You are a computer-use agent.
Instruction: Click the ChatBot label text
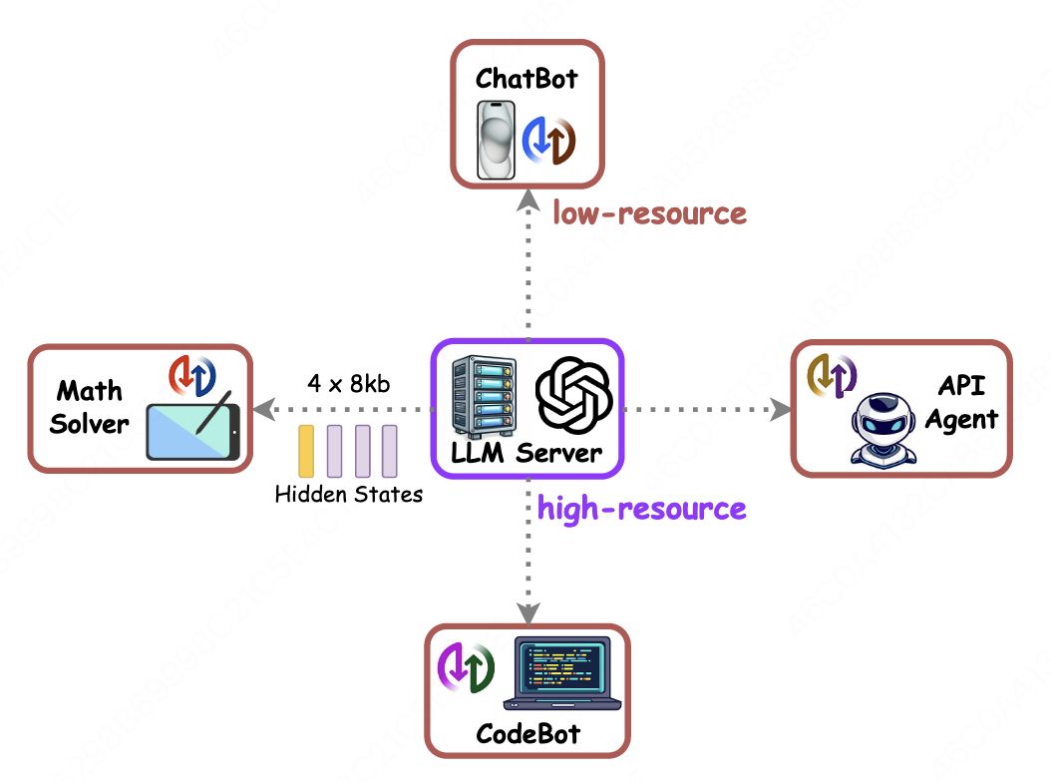pos(526,79)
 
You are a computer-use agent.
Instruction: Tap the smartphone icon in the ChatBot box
pos(496,141)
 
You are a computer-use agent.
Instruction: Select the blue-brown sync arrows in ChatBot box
pos(549,141)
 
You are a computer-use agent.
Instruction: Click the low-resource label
pos(649,213)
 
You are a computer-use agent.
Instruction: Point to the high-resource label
pos(641,509)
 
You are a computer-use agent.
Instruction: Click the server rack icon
pos(484,396)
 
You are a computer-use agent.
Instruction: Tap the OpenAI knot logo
pos(573,395)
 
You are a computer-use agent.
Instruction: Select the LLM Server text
pos(526,454)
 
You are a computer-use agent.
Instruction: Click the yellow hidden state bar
pos(306,451)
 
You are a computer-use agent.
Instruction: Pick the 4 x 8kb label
pos(349,384)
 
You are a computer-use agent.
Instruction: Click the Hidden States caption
pos(349,495)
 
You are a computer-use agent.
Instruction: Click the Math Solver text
pos(89,407)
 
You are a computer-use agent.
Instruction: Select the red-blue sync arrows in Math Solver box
pos(192,376)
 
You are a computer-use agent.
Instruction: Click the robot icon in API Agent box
pos(883,430)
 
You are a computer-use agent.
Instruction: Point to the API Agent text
pos(962,402)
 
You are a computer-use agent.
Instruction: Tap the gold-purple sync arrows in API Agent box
pos(832,376)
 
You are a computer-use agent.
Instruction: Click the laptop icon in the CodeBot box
pos(562,672)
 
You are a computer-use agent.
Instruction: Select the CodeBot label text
pos(528,734)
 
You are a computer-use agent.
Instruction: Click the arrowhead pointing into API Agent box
pos(781,409)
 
